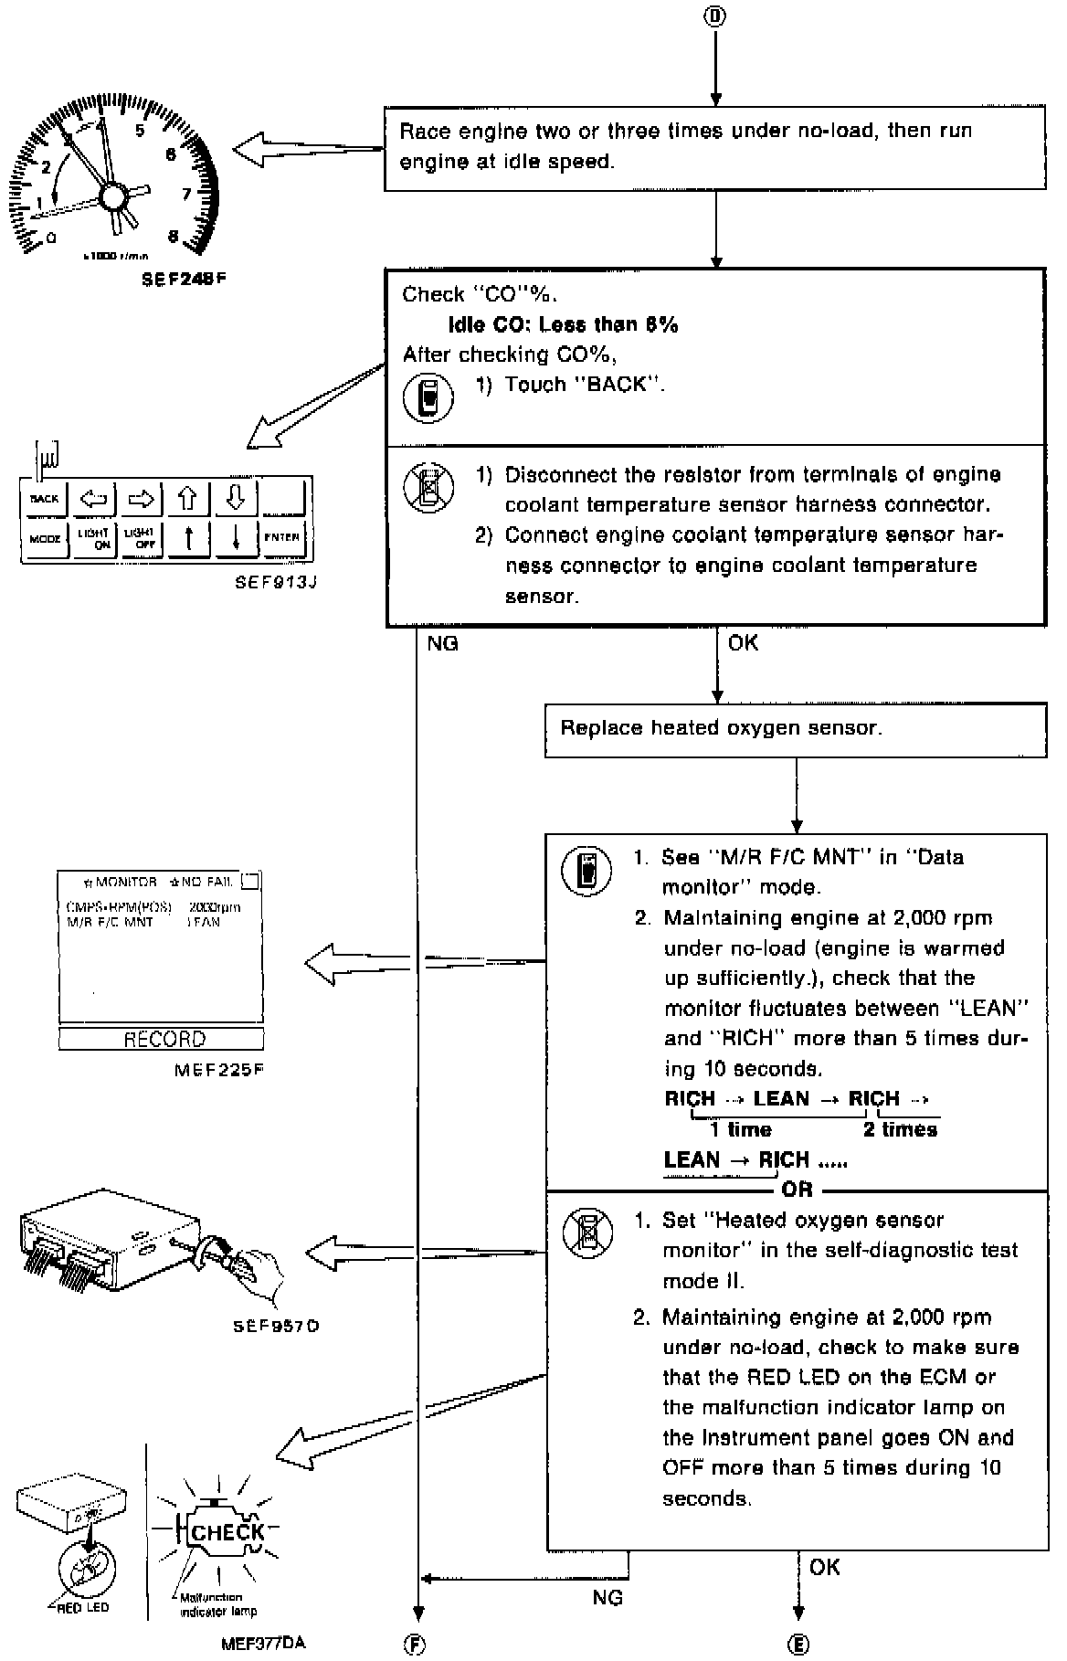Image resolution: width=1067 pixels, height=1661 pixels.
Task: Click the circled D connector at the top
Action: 716,16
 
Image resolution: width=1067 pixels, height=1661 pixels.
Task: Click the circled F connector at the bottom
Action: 416,1645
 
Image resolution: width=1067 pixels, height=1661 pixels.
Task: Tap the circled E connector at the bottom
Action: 798,1645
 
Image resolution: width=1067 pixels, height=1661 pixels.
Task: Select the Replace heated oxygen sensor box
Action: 796,729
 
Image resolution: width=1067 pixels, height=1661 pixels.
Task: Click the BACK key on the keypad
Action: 44,499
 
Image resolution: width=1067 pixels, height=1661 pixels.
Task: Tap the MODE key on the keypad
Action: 44,538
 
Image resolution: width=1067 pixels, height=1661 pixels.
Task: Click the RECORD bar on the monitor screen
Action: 163,1039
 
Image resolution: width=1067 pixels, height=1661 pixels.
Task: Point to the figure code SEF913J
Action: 275,582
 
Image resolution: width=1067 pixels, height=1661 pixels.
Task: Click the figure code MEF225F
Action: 219,1068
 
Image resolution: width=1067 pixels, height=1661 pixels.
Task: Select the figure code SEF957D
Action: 276,1325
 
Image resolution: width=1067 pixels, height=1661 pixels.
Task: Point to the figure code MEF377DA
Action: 263,1643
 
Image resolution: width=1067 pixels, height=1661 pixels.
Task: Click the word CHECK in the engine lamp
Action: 227,1532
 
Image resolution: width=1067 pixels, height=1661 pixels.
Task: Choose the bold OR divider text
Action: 797,1190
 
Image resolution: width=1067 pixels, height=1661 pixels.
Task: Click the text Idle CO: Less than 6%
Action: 563,324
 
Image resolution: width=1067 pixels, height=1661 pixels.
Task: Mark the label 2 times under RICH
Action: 900,1129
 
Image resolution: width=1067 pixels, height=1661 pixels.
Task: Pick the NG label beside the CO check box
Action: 442,643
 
